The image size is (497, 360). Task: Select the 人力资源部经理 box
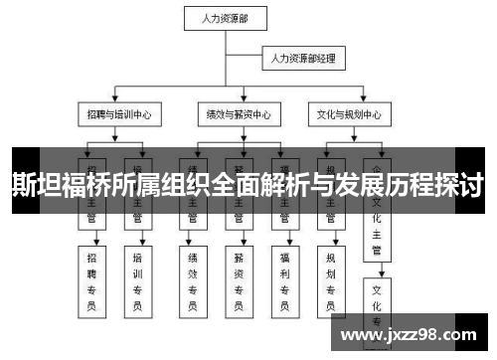(x=303, y=60)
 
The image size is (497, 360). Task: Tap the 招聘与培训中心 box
(x=120, y=114)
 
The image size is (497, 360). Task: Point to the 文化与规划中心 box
(x=349, y=114)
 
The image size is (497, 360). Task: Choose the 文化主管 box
(x=377, y=225)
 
